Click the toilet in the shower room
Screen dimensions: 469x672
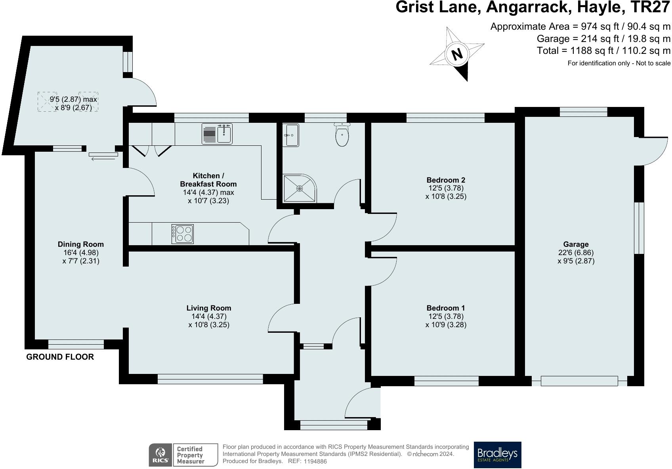(x=342, y=135)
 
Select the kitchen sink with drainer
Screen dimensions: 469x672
(x=217, y=133)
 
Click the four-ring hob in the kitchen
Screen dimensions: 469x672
(x=183, y=234)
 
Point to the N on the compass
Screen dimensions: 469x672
(x=457, y=54)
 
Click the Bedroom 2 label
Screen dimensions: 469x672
(x=446, y=180)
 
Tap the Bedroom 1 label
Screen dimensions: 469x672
(x=446, y=308)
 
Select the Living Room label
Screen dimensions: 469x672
(x=209, y=308)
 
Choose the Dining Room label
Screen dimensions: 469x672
(x=81, y=244)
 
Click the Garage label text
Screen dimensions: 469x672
(x=576, y=244)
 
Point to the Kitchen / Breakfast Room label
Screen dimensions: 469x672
(x=208, y=180)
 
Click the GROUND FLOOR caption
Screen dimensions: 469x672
(x=60, y=357)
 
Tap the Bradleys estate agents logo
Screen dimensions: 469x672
(x=497, y=455)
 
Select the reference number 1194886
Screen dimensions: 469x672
(x=315, y=461)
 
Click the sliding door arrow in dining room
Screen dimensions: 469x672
(x=104, y=159)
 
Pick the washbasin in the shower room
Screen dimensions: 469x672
(x=291, y=135)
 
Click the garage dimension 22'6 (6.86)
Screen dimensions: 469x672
(x=576, y=253)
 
